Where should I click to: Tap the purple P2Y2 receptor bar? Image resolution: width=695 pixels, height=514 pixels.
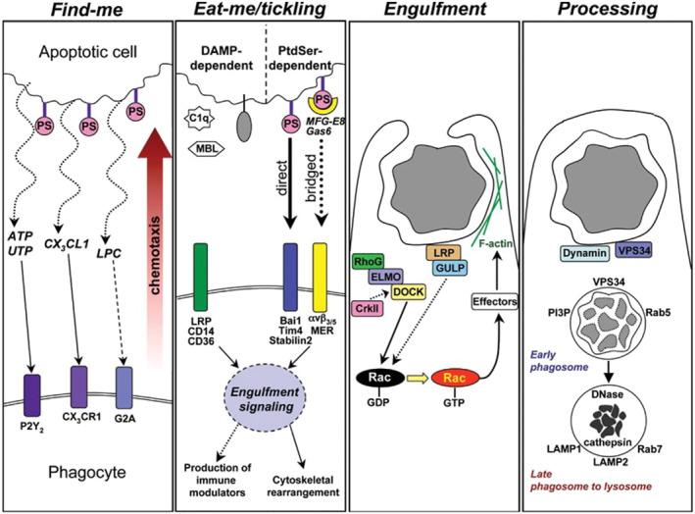click(x=33, y=403)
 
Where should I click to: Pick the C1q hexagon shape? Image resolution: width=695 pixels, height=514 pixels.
click(x=196, y=120)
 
